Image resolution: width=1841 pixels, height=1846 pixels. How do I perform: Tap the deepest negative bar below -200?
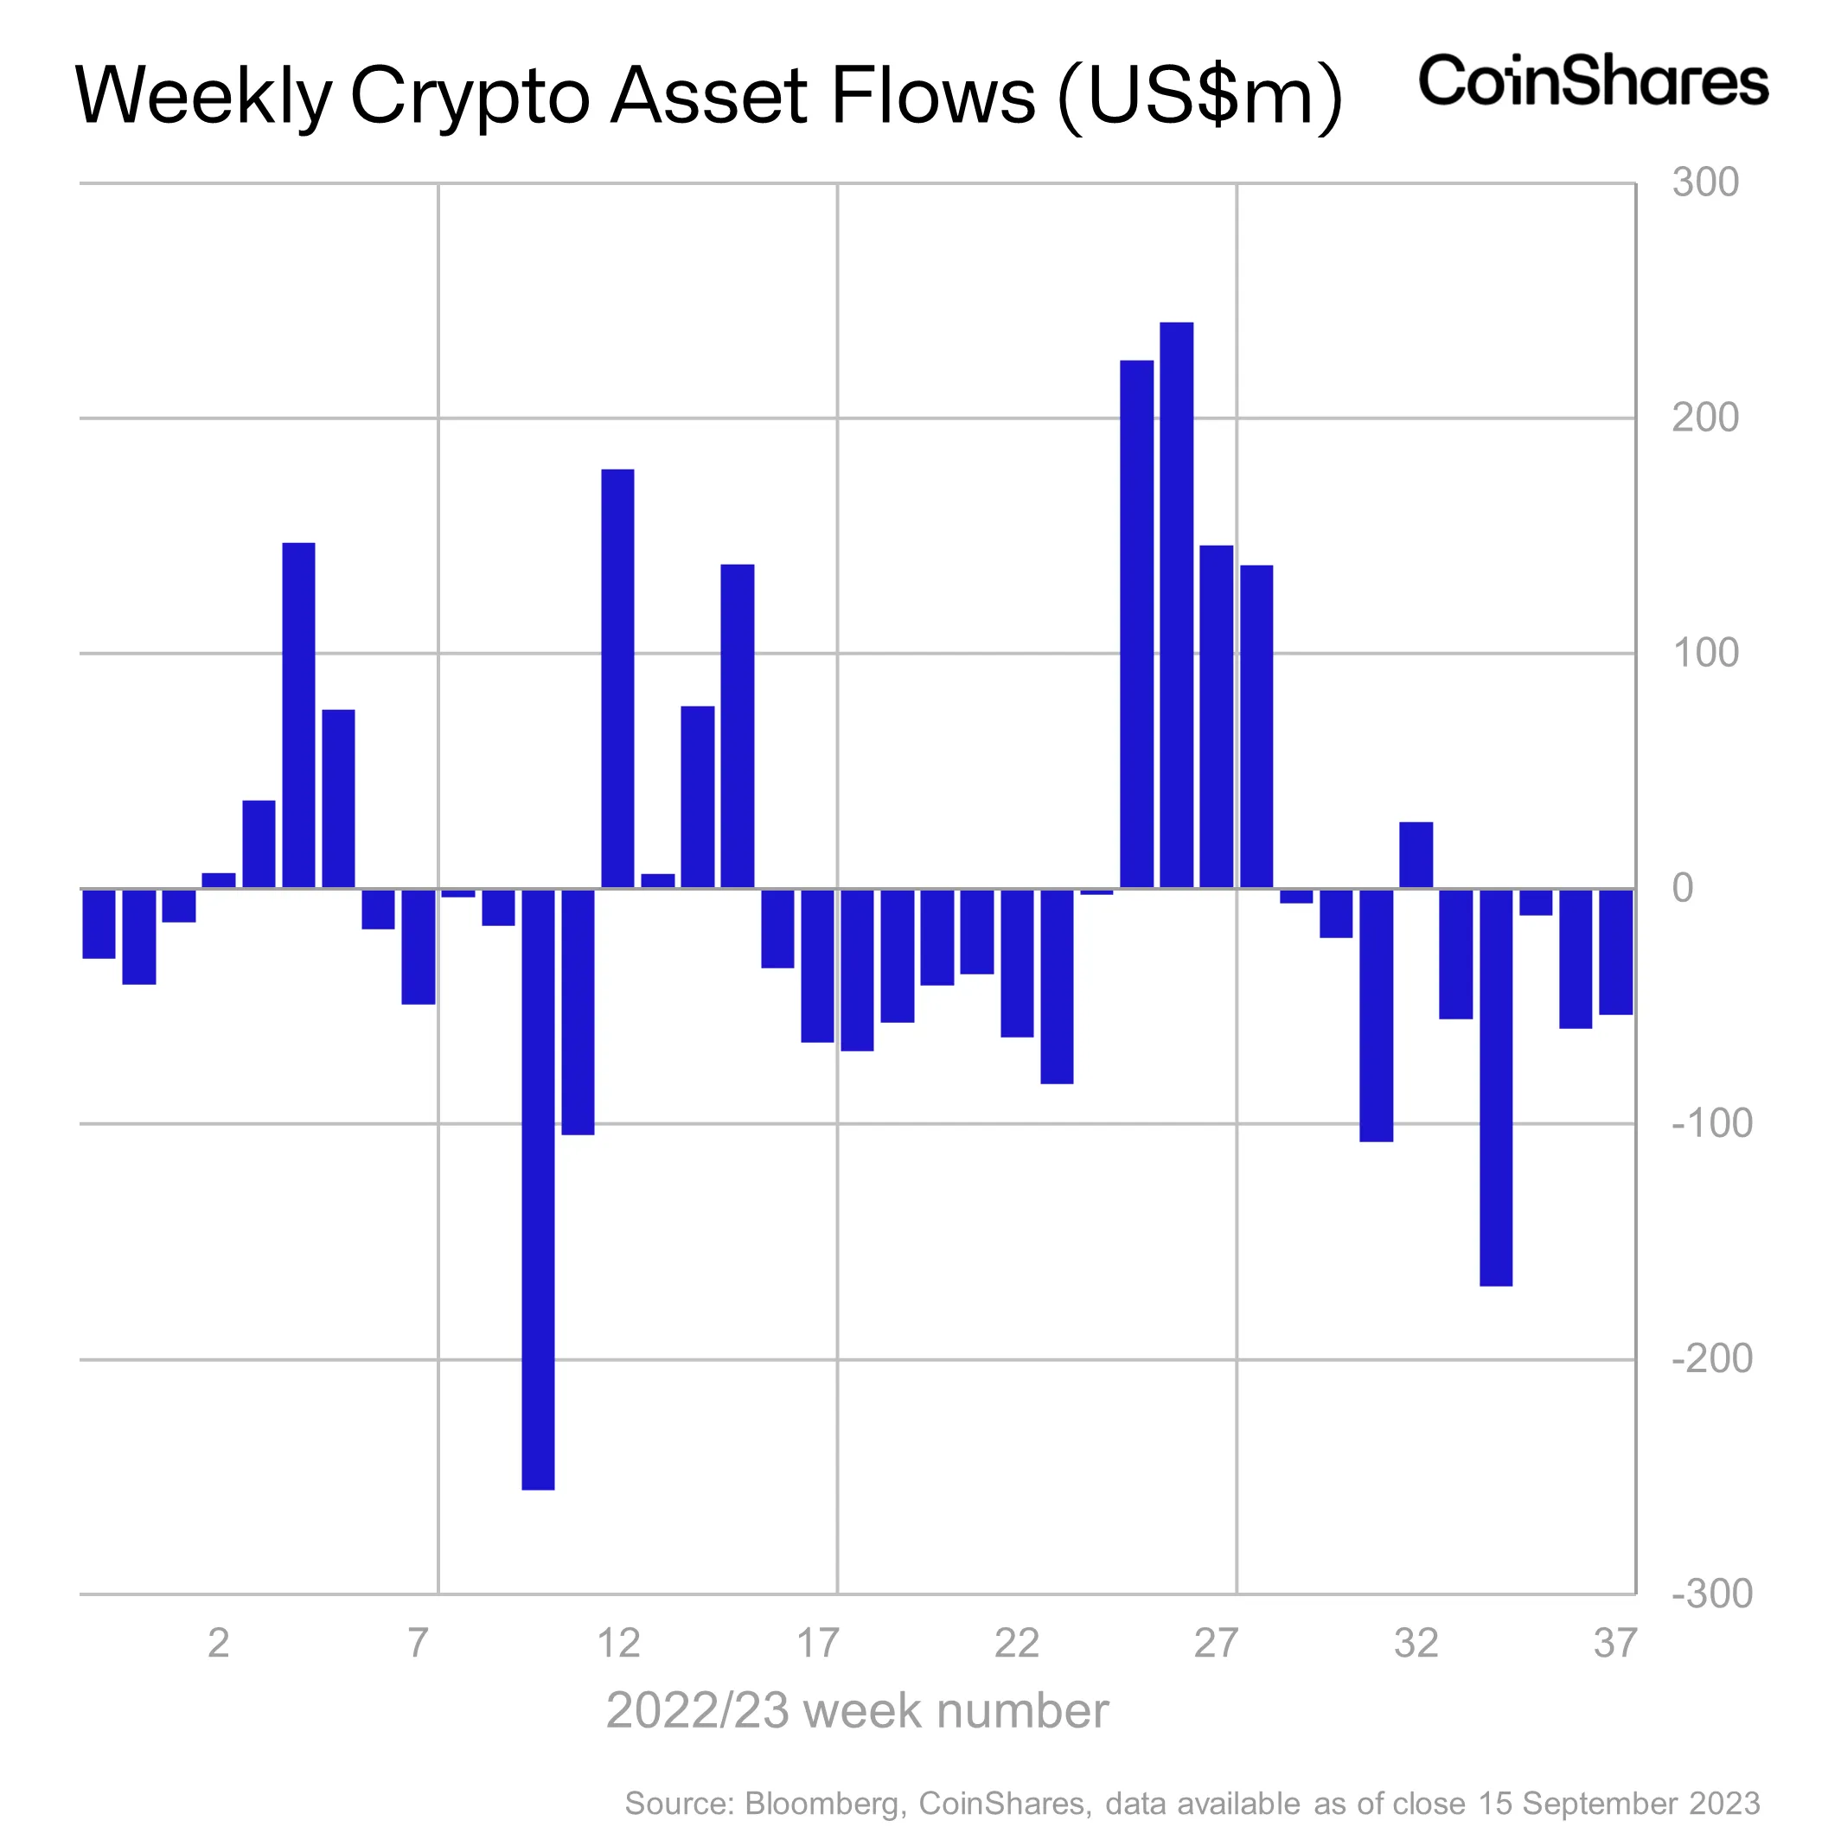coord(538,1189)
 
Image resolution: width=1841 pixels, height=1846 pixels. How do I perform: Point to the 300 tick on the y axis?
coord(1705,182)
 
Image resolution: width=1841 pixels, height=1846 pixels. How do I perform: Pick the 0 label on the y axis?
coord(1683,888)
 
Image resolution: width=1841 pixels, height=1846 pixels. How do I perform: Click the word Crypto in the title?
coord(470,97)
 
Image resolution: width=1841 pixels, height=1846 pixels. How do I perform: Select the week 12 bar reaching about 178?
coord(617,679)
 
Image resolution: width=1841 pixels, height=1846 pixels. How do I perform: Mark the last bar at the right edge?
coord(1615,952)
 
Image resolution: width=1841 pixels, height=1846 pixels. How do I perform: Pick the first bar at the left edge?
coord(99,923)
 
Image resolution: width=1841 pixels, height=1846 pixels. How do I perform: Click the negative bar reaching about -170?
coord(1496,1088)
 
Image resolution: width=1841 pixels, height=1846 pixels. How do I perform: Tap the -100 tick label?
coord(1711,1124)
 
